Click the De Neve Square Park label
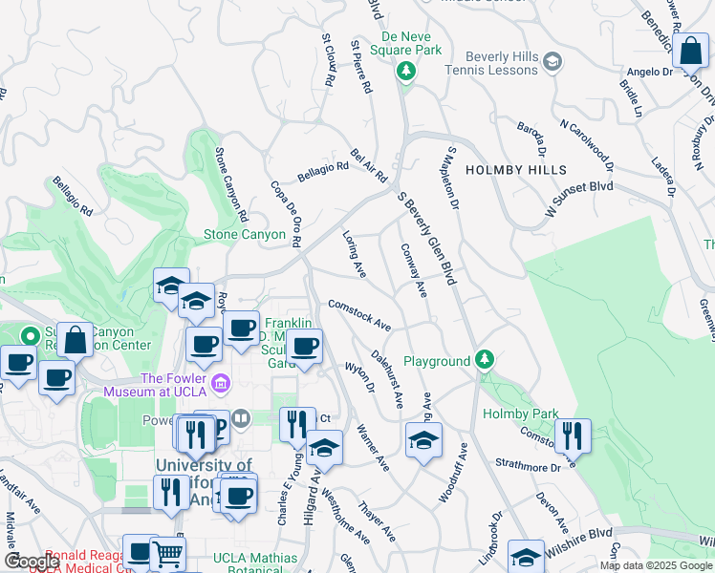click(x=406, y=42)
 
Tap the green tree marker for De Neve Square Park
click(x=406, y=71)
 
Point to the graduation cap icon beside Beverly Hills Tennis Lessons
click(x=552, y=63)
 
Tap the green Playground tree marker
click(x=486, y=359)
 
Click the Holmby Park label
click(x=512, y=414)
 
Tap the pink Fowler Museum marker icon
click(x=222, y=384)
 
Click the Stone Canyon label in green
click(x=245, y=234)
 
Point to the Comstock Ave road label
click(x=359, y=315)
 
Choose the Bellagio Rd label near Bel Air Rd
click(x=322, y=169)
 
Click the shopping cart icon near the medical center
click(x=168, y=553)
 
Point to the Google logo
click(x=32, y=561)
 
